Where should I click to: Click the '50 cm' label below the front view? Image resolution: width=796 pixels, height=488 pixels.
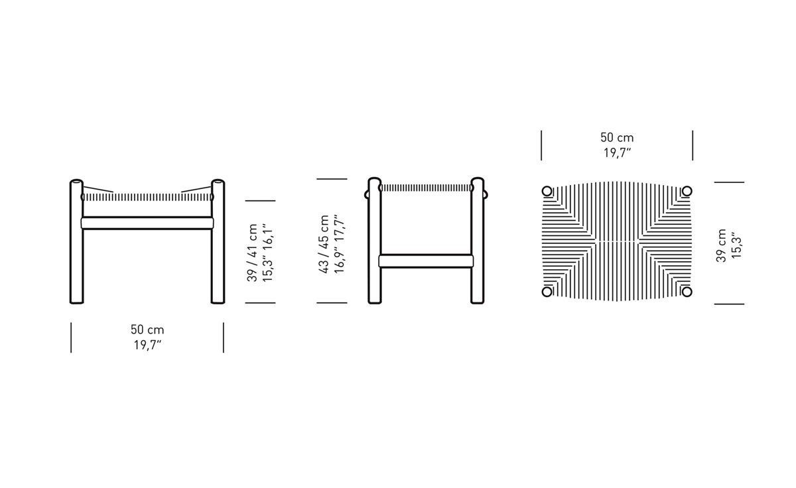tap(147, 330)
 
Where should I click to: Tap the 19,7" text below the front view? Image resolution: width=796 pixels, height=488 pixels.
tap(147, 345)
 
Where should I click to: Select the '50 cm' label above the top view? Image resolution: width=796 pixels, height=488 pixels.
tap(617, 137)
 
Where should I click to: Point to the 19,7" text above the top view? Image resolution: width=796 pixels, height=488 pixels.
tap(618, 152)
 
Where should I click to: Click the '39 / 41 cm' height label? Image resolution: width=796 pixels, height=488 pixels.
tap(252, 253)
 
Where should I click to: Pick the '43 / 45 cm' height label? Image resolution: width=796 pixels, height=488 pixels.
tap(324, 244)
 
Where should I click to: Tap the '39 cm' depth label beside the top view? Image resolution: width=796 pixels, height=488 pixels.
tap(721, 245)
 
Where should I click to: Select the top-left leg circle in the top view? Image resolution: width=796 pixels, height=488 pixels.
tap(547, 192)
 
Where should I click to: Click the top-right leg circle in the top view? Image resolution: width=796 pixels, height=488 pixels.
tap(687, 192)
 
